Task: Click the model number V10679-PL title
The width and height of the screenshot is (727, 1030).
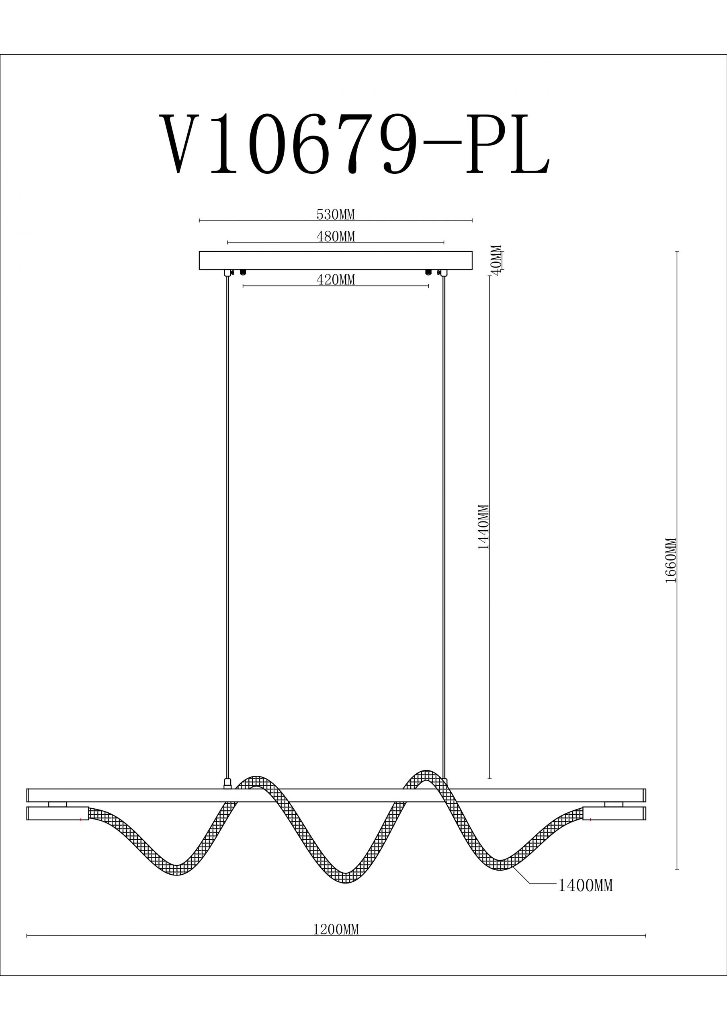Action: click(x=354, y=144)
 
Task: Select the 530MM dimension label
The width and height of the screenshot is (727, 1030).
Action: click(x=335, y=215)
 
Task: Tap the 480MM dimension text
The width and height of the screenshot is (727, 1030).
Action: click(x=335, y=237)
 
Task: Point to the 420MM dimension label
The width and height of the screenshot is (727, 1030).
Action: click(x=335, y=280)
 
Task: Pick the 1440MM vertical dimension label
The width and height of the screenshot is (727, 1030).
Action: click(x=483, y=527)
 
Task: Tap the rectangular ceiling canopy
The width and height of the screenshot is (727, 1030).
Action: click(x=336, y=260)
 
